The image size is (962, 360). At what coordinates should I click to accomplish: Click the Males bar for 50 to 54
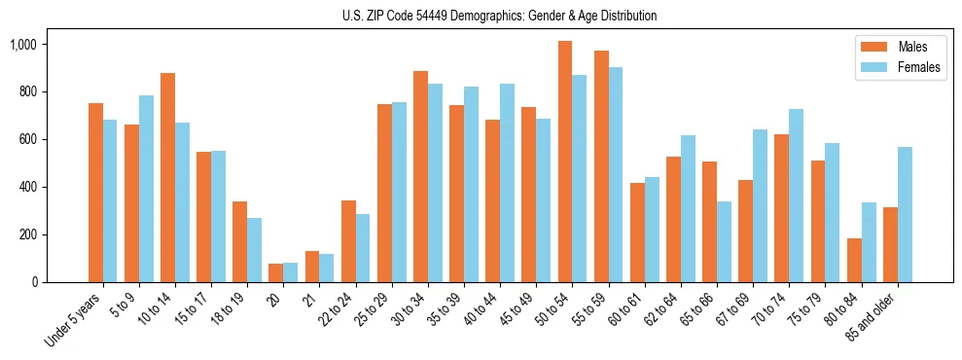565,162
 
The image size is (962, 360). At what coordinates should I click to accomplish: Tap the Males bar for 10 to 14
167,177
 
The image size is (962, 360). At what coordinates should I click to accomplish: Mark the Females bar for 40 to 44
508,183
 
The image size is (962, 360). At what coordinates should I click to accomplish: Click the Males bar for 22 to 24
348,241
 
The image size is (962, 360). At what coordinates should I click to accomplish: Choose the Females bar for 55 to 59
616,174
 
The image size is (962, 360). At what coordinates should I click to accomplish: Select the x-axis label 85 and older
874,317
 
